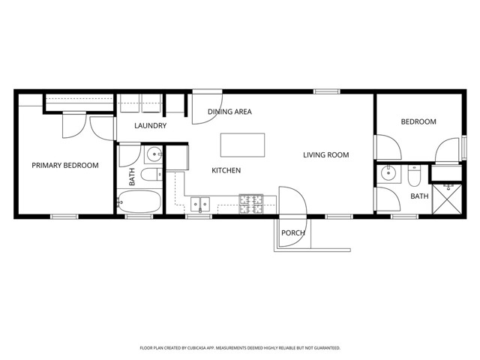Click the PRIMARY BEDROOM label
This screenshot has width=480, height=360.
[64, 165]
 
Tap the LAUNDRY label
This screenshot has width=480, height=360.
[150, 125]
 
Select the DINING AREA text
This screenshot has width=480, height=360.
[229, 112]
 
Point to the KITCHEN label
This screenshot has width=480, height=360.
[226, 170]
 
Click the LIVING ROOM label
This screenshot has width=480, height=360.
[326, 155]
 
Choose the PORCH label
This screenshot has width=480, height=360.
[292, 232]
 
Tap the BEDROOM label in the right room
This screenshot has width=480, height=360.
[418, 121]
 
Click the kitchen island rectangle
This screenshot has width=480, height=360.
[242, 144]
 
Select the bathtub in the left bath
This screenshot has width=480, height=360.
[139, 201]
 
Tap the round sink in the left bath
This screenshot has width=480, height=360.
[154, 156]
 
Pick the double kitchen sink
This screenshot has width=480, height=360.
[199, 202]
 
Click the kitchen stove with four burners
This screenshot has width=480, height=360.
[250, 200]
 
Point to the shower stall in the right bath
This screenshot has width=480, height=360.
[451, 200]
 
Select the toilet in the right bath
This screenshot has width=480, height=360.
[414, 177]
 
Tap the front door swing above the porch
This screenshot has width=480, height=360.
[292, 201]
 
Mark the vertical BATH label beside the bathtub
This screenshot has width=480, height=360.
[132, 177]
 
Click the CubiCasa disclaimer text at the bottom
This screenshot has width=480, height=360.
[240, 348]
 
